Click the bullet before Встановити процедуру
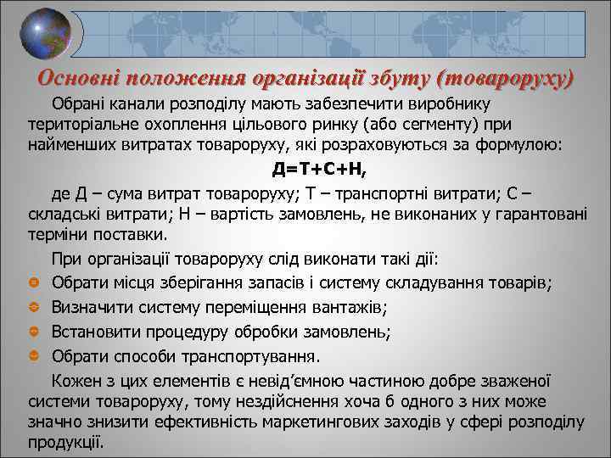pos(34,331)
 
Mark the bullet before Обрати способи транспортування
pos(34,355)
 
